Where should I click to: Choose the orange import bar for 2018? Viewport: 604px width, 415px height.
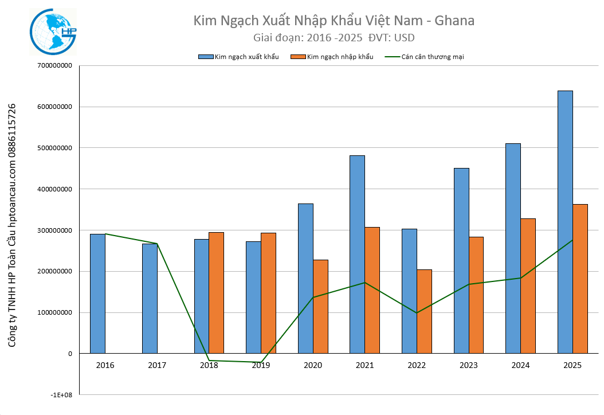216,292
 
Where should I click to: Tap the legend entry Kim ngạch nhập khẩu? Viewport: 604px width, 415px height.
332,57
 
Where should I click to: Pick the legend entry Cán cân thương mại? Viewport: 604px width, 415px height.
424,57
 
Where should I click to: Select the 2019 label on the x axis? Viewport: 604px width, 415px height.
261,365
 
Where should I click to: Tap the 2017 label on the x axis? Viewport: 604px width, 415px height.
157,365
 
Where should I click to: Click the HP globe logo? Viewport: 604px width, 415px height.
53,32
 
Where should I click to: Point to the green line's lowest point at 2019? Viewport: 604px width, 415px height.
261,362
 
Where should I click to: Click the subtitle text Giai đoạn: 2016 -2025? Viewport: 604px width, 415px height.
307,38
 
